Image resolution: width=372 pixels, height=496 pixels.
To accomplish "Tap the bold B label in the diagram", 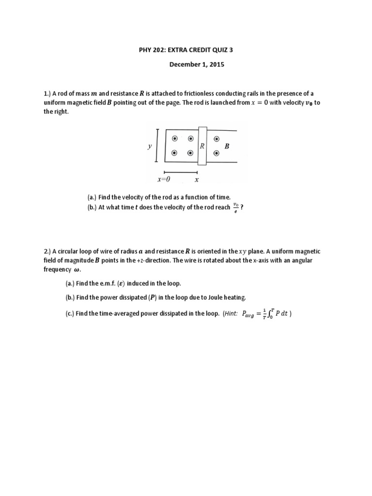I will pos(226,146).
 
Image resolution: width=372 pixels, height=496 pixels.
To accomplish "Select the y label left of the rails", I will pos(150,146).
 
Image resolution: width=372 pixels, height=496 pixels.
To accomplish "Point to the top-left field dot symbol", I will pos(173,139).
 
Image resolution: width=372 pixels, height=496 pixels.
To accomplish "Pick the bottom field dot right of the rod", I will pos(216,154).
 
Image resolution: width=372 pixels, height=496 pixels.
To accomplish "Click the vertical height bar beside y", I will pos(156,145).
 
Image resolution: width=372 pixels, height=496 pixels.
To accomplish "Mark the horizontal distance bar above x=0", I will pos(181,172).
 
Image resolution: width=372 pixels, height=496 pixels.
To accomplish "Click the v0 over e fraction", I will pos(236,207).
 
